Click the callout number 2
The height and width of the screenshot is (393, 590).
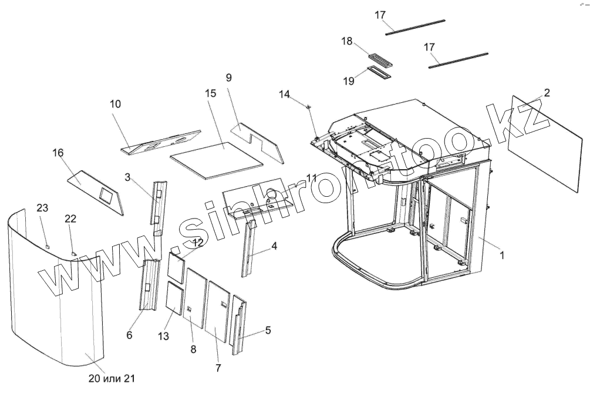546,92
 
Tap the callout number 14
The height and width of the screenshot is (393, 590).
284,94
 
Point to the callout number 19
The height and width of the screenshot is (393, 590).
349,81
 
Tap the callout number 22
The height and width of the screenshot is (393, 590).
70,219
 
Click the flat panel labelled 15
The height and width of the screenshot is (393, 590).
216,159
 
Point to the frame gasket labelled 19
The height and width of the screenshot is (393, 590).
379,72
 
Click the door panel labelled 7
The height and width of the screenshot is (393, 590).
218,309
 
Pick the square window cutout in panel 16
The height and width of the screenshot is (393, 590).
106,194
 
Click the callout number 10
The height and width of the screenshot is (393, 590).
115,103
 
